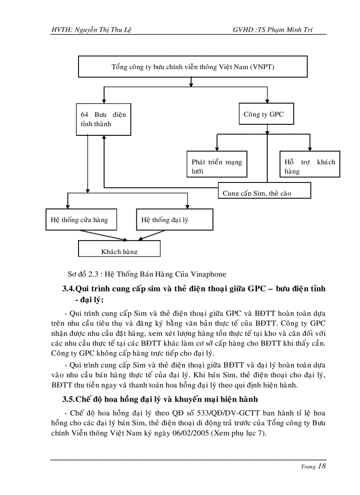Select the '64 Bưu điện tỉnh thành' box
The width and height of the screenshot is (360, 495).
[x=103, y=119]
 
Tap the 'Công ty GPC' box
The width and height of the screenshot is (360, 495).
[x=266, y=114]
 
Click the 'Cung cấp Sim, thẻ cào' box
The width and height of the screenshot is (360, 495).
[x=264, y=191]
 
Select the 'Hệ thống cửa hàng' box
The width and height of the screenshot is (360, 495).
[x=81, y=220]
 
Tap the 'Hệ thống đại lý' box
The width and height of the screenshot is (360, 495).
[x=174, y=220]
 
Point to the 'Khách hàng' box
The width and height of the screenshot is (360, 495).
[x=119, y=249]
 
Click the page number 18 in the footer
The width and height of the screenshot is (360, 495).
[x=321, y=466]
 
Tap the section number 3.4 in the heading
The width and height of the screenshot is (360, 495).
[x=69, y=289]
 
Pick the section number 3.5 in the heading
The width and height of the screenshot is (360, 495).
[x=69, y=399]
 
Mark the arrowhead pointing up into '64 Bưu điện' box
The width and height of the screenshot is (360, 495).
[x=104, y=138]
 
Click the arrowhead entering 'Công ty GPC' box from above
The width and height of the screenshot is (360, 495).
[x=266, y=101]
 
